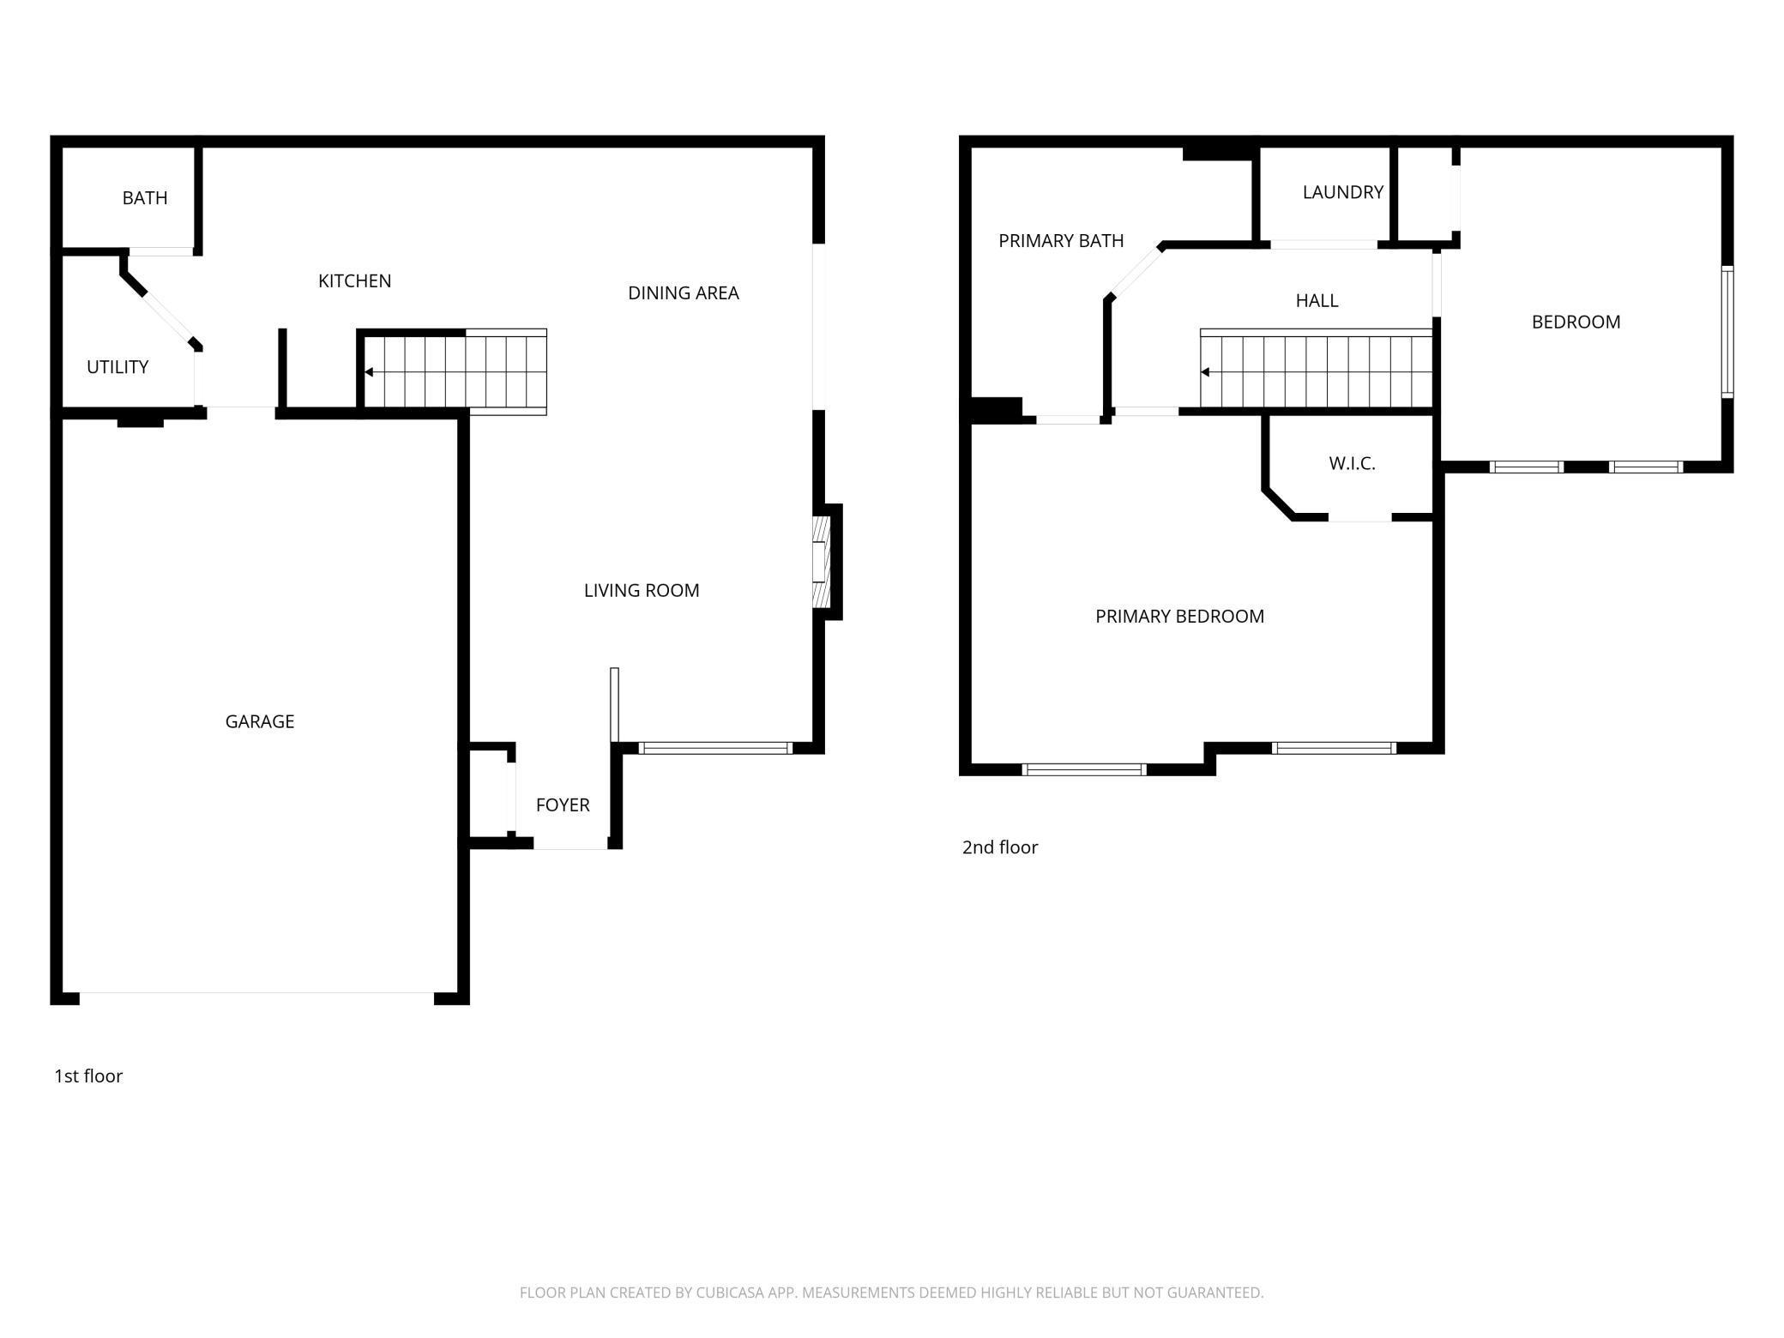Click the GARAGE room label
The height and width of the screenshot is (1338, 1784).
pyautogui.click(x=259, y=721)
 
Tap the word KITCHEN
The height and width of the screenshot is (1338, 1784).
pyautogui.click(x=354, y=280)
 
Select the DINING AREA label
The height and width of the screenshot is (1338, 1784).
pyautogui.click(x=683, y=292)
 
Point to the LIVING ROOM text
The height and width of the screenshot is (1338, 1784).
pyautogui.click(x=641, y=590)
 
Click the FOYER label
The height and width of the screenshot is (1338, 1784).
pyautogui.click(x=562, y=805)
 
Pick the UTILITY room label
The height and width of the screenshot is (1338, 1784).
pyautogui.click(x=118, y=367)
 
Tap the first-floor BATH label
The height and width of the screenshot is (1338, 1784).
pyautogui.click(x=144, y=198)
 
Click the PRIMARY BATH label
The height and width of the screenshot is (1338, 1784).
pyautogui.click(x=1060, y=241)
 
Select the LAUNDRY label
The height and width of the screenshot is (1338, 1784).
pyautogui.click(x=1342, y=192)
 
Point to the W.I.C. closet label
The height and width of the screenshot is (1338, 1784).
pyautogui.click(x=1352, y=463)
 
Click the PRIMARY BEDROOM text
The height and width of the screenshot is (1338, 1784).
pyautogui.click(x=1178, y=616)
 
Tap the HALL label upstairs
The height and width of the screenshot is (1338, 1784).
pyautogui.click(x=1316, y=300)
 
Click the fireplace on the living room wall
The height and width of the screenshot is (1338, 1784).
pyautogui.click(x=822, y=562)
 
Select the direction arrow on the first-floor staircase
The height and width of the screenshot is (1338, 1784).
pyautogui.click(x=369, y=372)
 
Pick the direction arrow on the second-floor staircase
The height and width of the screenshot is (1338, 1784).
pyautogui.click(x=1205, y=372)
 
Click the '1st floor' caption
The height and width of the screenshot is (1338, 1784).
pyautogui.click(x=88, y=1076)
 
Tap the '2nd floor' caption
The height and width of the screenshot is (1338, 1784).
pyautogui.click(x=999, y=847)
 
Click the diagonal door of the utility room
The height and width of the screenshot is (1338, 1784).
pyautogui.click(x=168, y=317)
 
